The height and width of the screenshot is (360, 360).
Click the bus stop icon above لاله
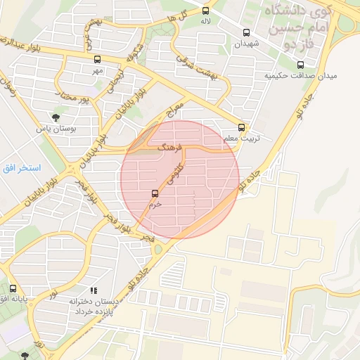(x=206, y=11)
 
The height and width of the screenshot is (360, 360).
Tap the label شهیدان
(x=247, y=44)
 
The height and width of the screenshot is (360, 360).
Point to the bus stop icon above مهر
(x=96, y=59)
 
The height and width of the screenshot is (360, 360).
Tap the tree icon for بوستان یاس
(x=55, y=117)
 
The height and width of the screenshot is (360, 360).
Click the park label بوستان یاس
(x=56, y=129)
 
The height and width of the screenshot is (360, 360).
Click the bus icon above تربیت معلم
(x=242, y=127)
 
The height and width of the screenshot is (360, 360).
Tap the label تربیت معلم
(x=242, y=139)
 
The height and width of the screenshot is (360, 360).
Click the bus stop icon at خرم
(x=155, y=193)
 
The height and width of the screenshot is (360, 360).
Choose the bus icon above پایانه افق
(x=12, y=288)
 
